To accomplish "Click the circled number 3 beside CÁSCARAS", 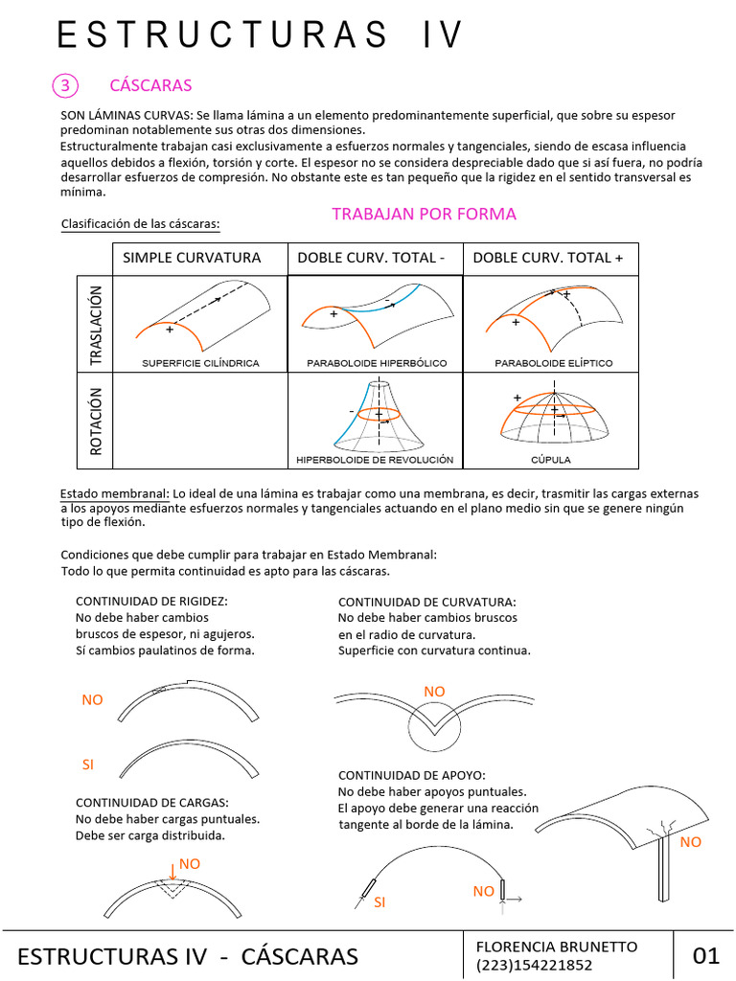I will tap(65, 85).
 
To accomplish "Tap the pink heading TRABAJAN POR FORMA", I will tap(424, 214).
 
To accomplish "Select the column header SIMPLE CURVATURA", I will tap(192, 258).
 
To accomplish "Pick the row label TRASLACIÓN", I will tap(95, 324).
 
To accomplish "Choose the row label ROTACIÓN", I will tap(95, 420).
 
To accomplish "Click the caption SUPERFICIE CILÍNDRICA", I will tap(200, 363).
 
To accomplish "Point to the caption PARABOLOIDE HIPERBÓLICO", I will tap(374, 363).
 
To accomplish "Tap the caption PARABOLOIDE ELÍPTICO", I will tap(553, 363).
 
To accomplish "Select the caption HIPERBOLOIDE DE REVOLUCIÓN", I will tap(375, 460).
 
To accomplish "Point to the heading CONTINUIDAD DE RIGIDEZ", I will tap(151, 601).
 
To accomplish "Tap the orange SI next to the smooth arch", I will tap(89, 764).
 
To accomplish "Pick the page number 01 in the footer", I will tap(704, 955).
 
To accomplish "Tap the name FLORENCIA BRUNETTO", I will tap(556, 947).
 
